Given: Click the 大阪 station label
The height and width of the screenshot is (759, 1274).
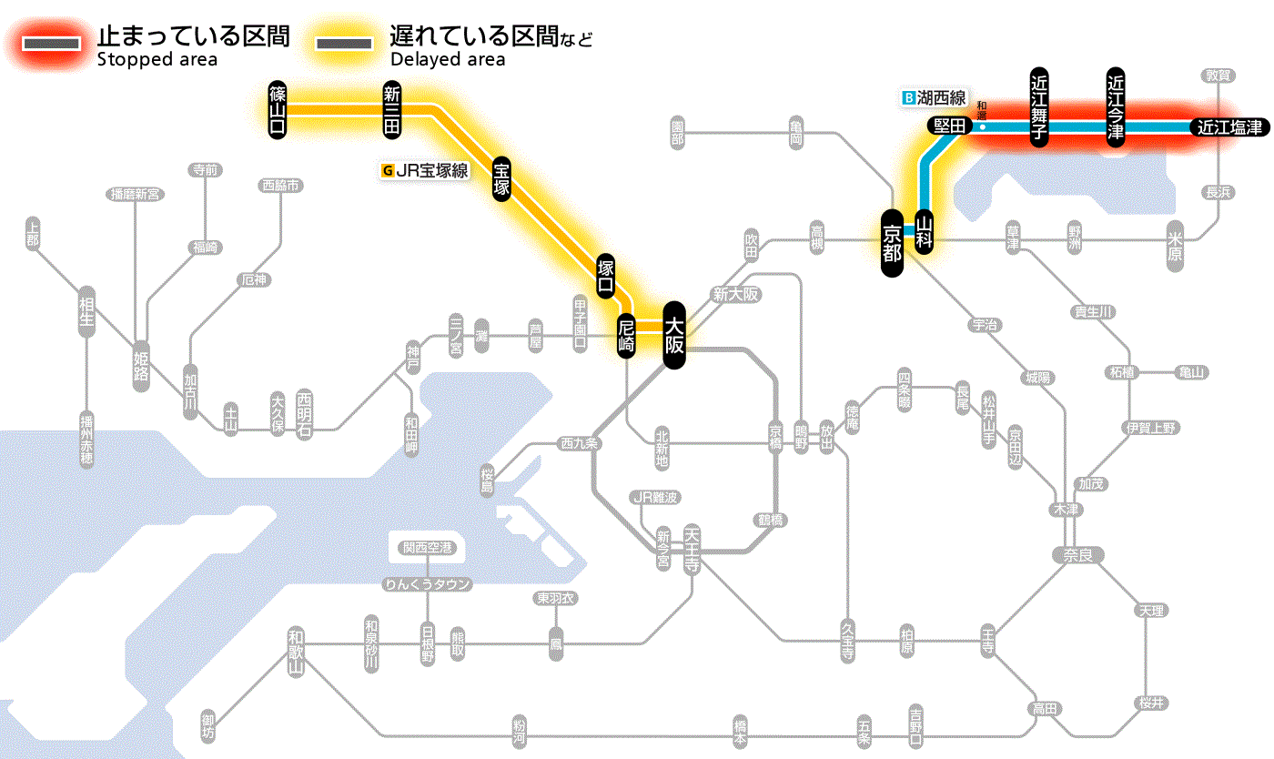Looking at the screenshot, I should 673,335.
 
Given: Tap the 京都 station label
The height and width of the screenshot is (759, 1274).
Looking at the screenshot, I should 892,243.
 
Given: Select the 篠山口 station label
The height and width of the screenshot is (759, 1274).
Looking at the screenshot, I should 278,109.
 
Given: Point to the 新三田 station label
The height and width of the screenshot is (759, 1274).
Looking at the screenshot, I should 392,109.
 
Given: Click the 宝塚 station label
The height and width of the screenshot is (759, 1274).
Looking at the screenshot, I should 502,178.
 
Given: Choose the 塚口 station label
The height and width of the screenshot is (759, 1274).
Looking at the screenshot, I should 606,277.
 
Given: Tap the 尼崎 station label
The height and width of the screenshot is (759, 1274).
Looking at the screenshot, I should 626,336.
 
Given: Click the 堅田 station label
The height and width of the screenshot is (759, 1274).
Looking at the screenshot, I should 949,126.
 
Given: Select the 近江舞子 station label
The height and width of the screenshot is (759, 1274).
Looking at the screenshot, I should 1038,106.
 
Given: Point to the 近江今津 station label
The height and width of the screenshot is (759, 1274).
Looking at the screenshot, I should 1116,106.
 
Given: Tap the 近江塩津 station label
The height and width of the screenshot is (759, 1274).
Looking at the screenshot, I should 1229,127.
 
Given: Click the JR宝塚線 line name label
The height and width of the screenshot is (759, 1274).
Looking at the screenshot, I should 426,169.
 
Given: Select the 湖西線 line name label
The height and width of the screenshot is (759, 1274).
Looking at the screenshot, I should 934,97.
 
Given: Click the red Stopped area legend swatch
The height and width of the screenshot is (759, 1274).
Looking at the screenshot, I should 54,43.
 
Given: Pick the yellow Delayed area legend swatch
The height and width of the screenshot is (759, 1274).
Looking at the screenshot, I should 343,43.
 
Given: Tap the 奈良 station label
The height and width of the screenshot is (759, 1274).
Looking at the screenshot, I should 1077,554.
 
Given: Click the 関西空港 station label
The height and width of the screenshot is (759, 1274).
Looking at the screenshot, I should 427,548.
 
